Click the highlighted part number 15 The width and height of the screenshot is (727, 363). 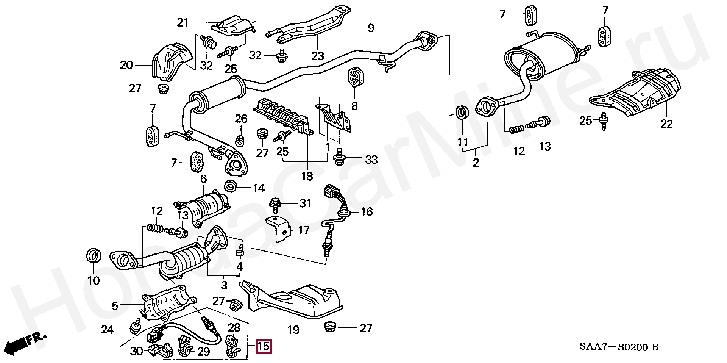264,346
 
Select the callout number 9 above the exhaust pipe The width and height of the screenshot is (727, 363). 371,28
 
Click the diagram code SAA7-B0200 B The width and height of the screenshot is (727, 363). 620,347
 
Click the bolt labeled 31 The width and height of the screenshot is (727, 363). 275,205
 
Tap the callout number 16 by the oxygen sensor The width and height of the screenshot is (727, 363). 367,212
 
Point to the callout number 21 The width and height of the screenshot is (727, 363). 183,23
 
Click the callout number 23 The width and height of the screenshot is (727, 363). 318,56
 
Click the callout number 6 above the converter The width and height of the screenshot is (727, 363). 204,179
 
